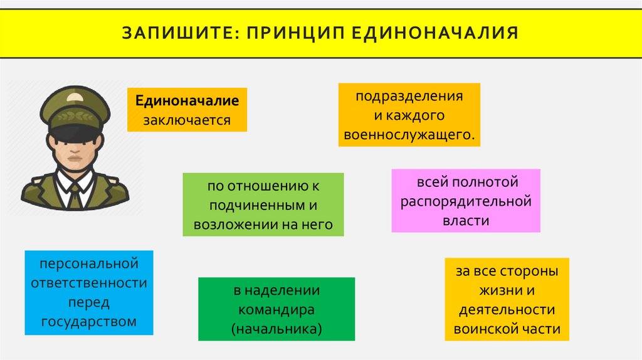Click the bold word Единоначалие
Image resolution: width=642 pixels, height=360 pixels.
click(186, 100)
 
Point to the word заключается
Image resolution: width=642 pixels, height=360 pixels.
click(187, 119)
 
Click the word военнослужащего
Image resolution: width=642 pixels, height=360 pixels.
click(409, 134)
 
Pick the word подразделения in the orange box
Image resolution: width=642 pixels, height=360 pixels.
click(409, 97)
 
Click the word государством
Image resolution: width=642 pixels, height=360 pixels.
click(88, 322)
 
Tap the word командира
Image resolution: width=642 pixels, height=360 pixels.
click(276, 310)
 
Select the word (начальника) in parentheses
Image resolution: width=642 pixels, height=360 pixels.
click(276, 328)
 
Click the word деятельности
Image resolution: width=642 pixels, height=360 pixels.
click(507, 310)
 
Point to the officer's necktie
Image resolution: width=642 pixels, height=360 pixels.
click(74, 197)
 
